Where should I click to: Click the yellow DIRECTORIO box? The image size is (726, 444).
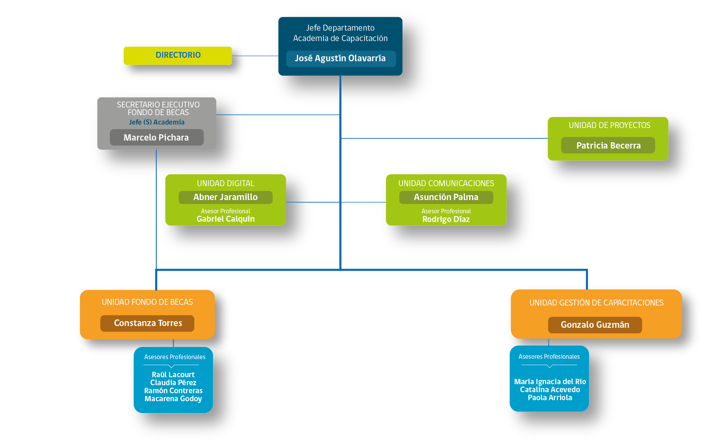point(178,56)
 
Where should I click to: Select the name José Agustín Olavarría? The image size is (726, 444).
point(340,58)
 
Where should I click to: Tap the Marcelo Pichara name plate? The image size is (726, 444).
point(157,137)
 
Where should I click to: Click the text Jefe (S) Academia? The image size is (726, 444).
point(157,122)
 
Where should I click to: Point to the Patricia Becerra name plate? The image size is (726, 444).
point(608,145)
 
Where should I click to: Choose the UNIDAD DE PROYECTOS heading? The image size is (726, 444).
point(609,125)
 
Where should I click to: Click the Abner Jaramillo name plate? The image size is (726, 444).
point(225,197)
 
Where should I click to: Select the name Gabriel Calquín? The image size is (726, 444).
point(225,219)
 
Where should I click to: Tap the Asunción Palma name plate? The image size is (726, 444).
point(446,197)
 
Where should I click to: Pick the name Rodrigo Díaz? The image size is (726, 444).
point(446,219)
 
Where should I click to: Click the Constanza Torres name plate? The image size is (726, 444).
point(147,323)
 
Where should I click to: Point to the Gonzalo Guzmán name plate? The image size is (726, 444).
point(595,325)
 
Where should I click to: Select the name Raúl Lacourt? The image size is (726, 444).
point(173,375)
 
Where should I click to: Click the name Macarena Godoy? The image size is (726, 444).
point(173,399)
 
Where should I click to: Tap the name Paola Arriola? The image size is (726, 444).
point(550,398)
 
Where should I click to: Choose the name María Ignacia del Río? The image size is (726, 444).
point(550,382)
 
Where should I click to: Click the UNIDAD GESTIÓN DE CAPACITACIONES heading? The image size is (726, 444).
point(596,303)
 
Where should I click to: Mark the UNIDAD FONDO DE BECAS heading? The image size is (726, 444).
point(147,302)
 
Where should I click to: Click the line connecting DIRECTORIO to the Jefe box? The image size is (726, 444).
point(255,56)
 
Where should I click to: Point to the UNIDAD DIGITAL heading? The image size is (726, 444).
point(225,183)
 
